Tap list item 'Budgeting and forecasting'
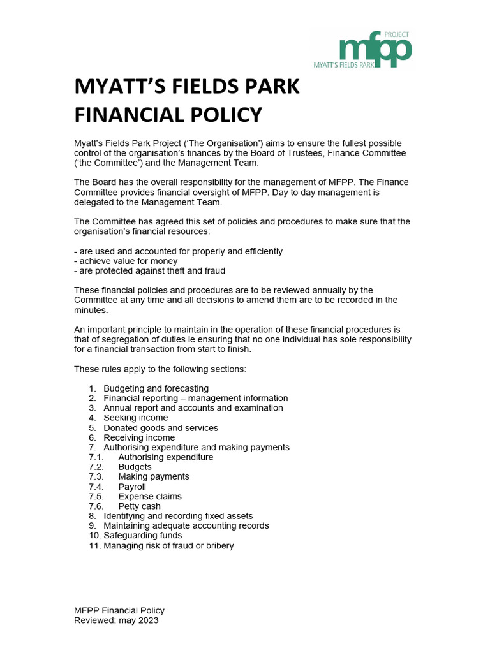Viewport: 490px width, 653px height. coord(156,388)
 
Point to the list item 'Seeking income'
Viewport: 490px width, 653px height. coord(136,418)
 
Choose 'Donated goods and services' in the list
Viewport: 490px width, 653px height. coord(161,428)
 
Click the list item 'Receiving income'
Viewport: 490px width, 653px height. coord(139,437)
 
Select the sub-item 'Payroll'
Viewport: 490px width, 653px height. coord(132,487)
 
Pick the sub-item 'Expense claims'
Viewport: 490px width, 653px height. coord(150,496)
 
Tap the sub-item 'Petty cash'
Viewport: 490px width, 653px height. coord(139,506)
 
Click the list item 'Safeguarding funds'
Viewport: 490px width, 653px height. coord(143,536)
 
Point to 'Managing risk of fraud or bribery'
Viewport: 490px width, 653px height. coord(168,546)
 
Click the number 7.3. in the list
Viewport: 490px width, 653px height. coord(96,476)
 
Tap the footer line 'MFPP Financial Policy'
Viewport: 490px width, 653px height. coord(119,610)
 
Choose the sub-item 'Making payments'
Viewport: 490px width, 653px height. coord(154,476)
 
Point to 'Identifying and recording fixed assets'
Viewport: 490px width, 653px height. coord(178,516)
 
